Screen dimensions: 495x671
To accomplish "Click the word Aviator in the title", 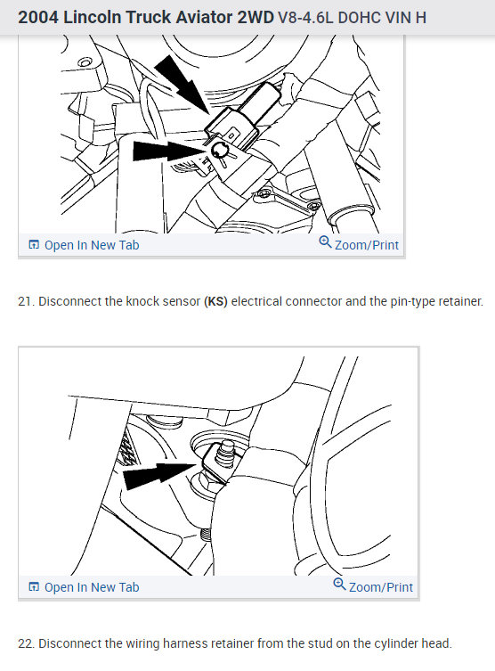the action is click(202, 18).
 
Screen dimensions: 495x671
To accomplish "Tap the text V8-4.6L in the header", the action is click(305, 18).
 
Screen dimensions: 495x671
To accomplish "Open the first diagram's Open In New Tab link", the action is click(84, 245).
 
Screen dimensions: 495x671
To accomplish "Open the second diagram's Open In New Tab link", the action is click(84, 587).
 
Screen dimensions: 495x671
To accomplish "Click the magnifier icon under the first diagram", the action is click(325, 242).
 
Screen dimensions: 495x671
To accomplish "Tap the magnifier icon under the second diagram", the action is click(339, 585).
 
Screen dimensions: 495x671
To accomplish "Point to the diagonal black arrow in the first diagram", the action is click(182, 85).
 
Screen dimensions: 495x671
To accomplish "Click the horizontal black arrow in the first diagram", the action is click(170, 151).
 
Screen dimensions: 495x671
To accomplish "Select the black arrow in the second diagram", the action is click(159, 475).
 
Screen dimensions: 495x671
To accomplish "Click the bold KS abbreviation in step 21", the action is click(215, 302).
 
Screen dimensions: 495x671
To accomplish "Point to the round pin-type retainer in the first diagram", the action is click(219, 150).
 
